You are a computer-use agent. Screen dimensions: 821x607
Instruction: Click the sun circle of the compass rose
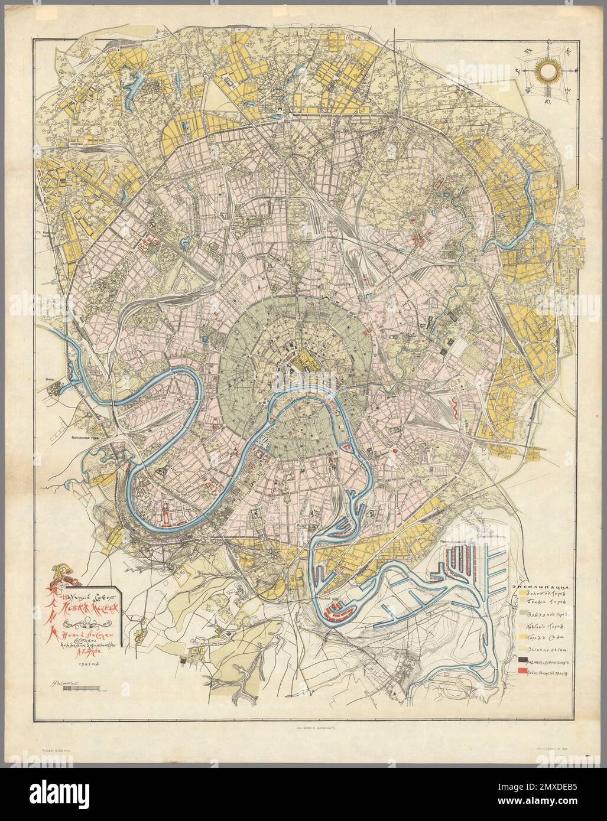pos(547,71)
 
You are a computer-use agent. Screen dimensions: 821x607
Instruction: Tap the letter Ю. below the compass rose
pos(548,101)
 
